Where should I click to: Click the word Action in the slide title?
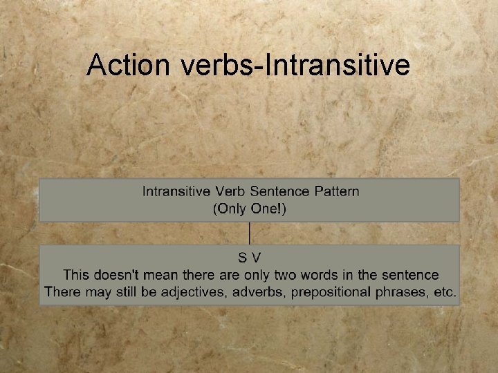coord(129,66)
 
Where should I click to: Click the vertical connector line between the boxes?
coord(250,233)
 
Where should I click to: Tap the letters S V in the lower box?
coord(249,258)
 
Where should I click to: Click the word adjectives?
coord(193,292)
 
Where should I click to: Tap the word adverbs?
coord(259,292)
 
